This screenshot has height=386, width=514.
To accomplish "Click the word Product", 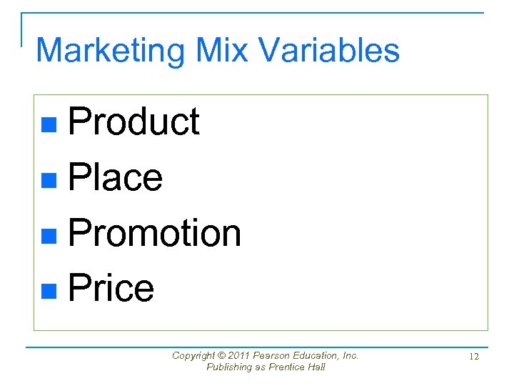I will [133, 122].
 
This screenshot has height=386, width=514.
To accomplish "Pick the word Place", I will [115, 177].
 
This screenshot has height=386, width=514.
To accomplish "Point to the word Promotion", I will [154, 233].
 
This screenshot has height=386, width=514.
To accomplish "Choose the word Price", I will [111, 288].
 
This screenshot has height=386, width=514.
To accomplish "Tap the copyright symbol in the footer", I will [223, 355].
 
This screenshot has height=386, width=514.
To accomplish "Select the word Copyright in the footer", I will [194, 355].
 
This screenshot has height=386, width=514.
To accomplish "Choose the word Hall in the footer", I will [316, 367].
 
